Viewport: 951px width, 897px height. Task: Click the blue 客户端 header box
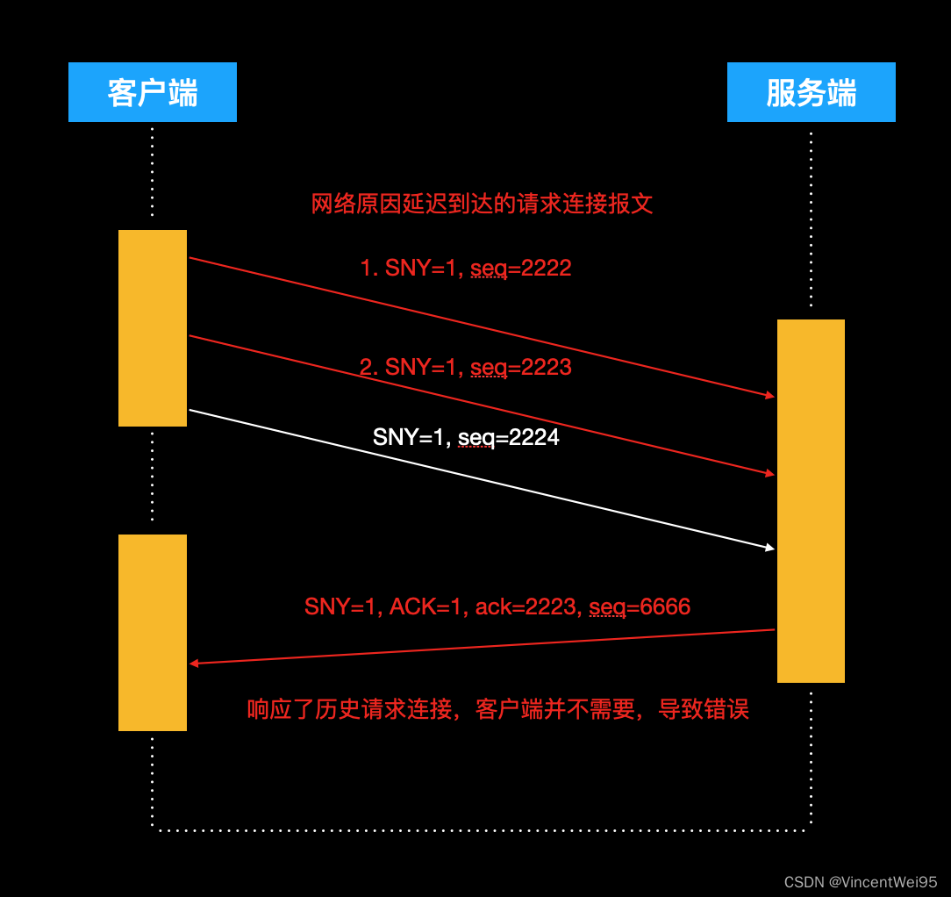pos(153,92)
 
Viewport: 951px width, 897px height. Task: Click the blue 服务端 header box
pos(811,92)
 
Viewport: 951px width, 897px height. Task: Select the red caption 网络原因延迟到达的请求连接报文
pos(482,205)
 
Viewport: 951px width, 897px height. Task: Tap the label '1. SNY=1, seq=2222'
pos(466,268)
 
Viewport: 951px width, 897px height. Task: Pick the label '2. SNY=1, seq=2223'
pos(466,367)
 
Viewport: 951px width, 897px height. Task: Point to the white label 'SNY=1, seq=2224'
pos(466,436)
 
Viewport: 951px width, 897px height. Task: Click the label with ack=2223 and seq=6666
pos(497,606)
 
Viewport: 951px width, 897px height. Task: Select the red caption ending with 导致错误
pos(497,709)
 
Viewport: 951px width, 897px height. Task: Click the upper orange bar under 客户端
pos(153,327)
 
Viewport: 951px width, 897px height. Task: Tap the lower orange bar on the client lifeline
pos(153,632)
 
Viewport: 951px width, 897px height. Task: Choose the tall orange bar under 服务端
pos(811,500)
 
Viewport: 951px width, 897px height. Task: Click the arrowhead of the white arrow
pos(770,549)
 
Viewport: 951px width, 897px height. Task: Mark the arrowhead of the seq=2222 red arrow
pos(770,396)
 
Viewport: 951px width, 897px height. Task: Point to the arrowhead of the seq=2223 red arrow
pos(770,474)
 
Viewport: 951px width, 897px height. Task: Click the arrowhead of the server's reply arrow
pos(194,663)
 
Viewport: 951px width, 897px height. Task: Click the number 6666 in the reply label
pos(666,606)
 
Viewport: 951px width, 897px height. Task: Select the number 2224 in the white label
pos(534,436)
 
